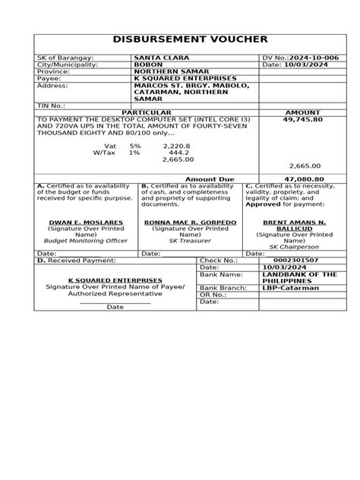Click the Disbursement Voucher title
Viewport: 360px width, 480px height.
179,39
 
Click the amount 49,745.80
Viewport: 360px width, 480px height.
302,119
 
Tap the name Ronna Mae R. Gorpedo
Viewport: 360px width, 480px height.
191,223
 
